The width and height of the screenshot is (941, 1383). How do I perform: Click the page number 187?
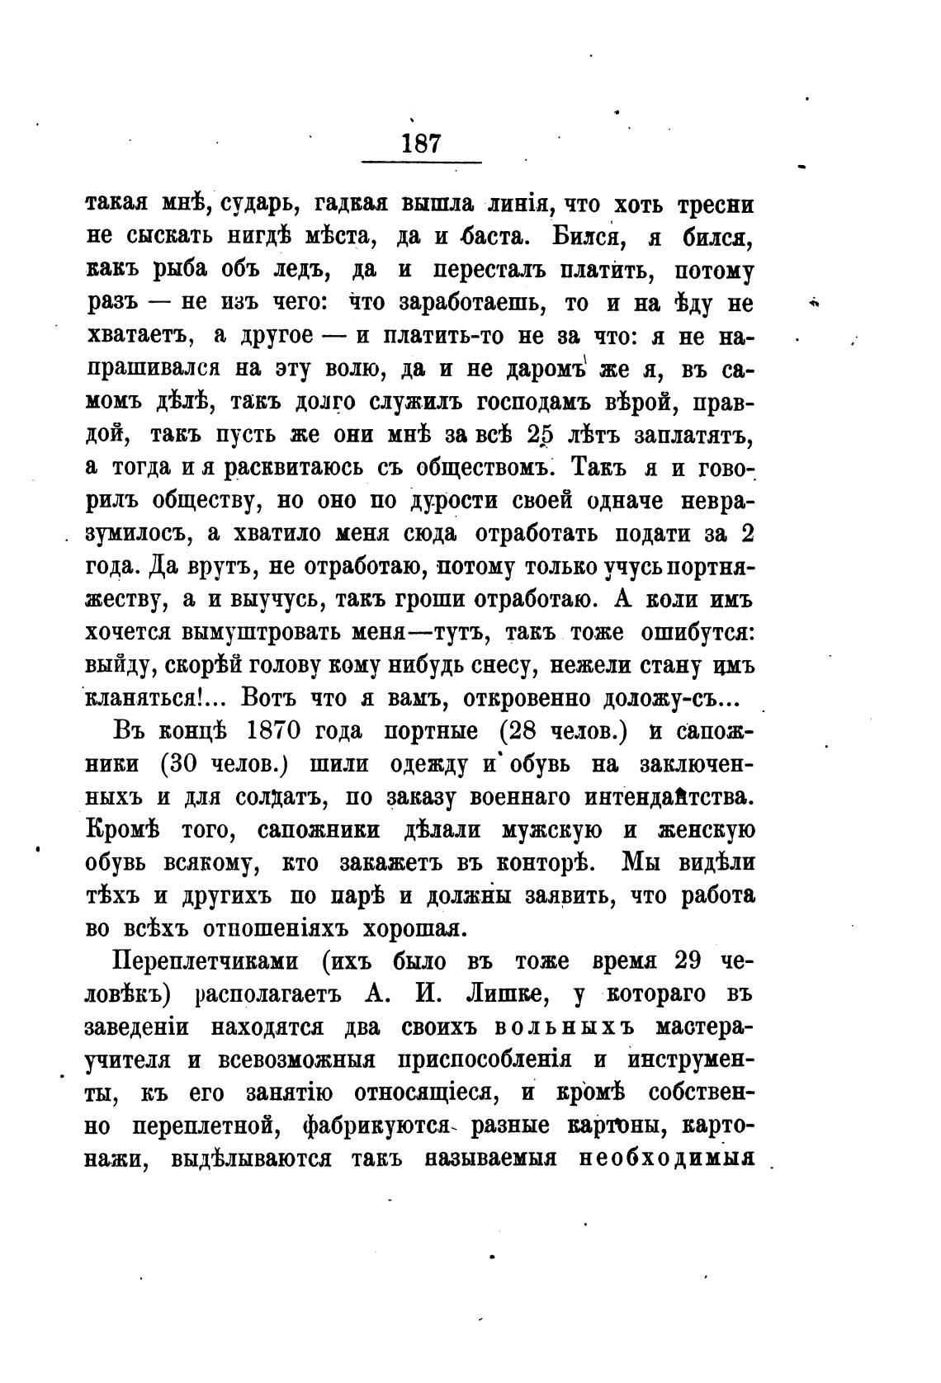[421, 143]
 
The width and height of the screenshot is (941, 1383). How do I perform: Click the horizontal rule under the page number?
[422, 161]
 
